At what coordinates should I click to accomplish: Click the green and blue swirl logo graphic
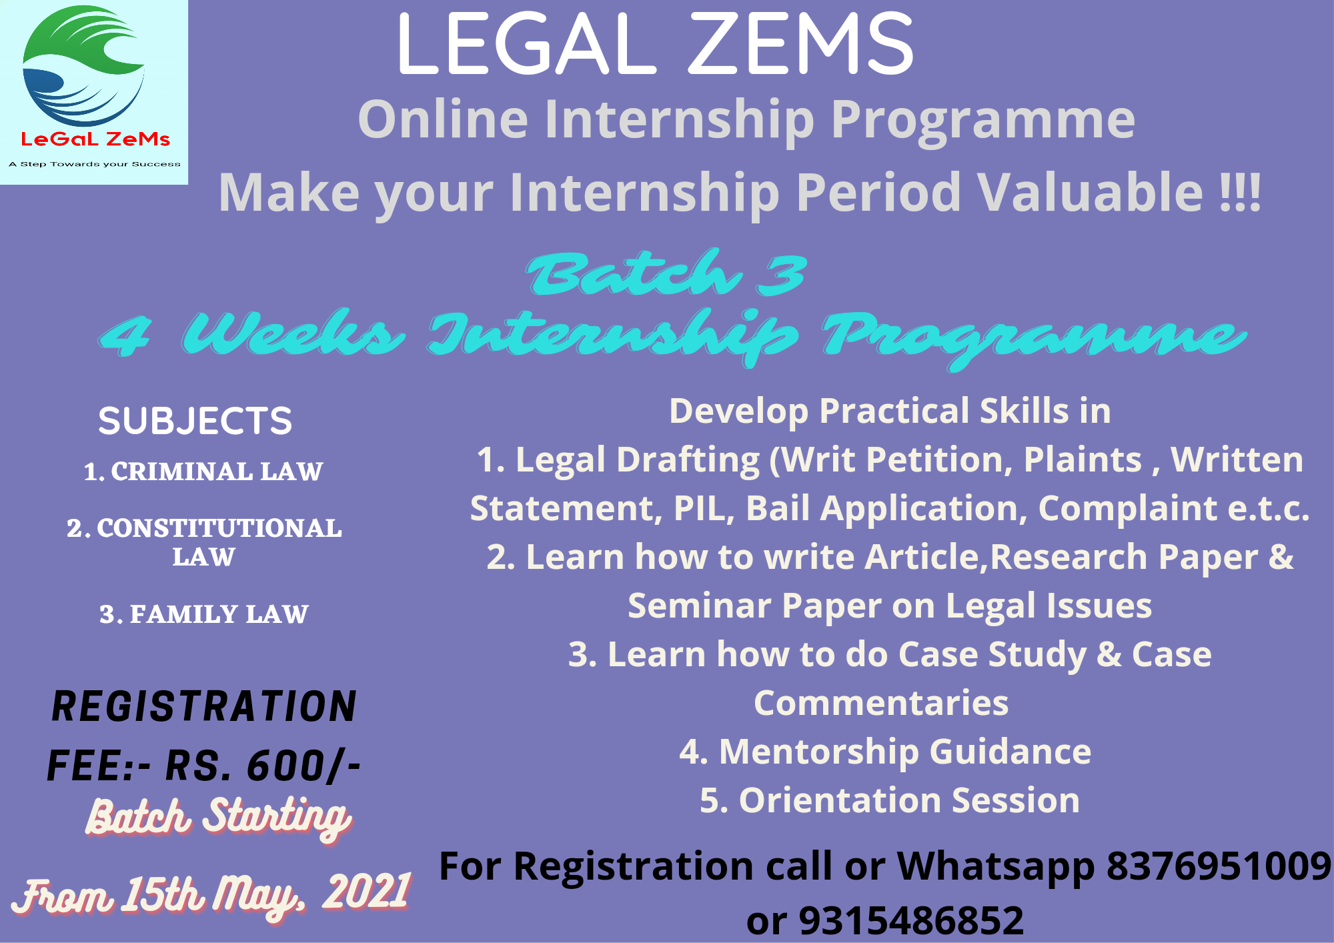coord(83,65)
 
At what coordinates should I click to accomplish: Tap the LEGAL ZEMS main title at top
coord(655,45)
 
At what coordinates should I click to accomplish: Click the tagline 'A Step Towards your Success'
coord(95,164)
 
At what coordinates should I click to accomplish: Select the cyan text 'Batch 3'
coord(667,273)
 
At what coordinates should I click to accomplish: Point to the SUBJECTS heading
coord(195,421)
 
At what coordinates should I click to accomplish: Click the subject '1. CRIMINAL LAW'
coord(203,471)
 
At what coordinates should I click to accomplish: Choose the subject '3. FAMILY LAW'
coord(204,614)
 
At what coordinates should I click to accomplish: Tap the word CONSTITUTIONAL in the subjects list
coord(219,528)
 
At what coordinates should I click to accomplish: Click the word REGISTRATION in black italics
coord(204,707)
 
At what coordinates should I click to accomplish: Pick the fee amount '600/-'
coord(304,766)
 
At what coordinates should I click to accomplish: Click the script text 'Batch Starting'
coord(219,818)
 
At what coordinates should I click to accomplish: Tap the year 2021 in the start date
coord(366,892)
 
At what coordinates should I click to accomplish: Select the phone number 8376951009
coord(1219,866)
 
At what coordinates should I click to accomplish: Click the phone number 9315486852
coord(911,921)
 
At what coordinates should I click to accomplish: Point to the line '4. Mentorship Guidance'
coord(885,752)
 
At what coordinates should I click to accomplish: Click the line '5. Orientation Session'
coord(890,800)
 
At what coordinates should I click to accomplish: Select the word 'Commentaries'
coord(881,703)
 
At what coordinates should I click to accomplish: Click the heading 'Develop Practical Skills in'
coord(890,411)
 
